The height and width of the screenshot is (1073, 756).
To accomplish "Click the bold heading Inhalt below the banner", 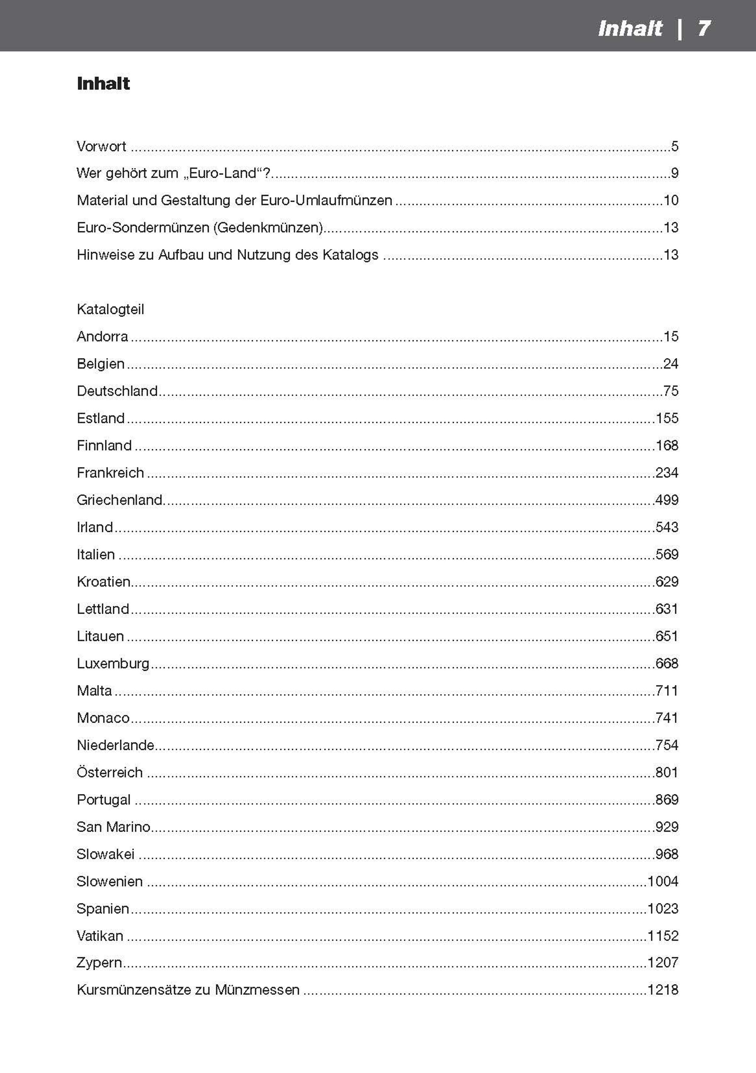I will (103, 84).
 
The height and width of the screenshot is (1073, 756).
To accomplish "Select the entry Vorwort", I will (101, 146).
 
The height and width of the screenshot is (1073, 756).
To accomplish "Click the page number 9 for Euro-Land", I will (674, 173).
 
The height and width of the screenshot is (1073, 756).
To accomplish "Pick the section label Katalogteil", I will (110, 309).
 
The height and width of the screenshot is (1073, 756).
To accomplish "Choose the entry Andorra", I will (102, 336).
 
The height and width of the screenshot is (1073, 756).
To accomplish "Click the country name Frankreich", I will (110, 473).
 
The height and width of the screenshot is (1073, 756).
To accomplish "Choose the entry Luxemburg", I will (113, 664).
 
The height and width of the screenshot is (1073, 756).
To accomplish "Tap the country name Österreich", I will (110, 773).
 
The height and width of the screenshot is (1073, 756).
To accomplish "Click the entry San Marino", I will (113, 827).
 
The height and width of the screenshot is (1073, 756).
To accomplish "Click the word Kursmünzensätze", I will (133, 990).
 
